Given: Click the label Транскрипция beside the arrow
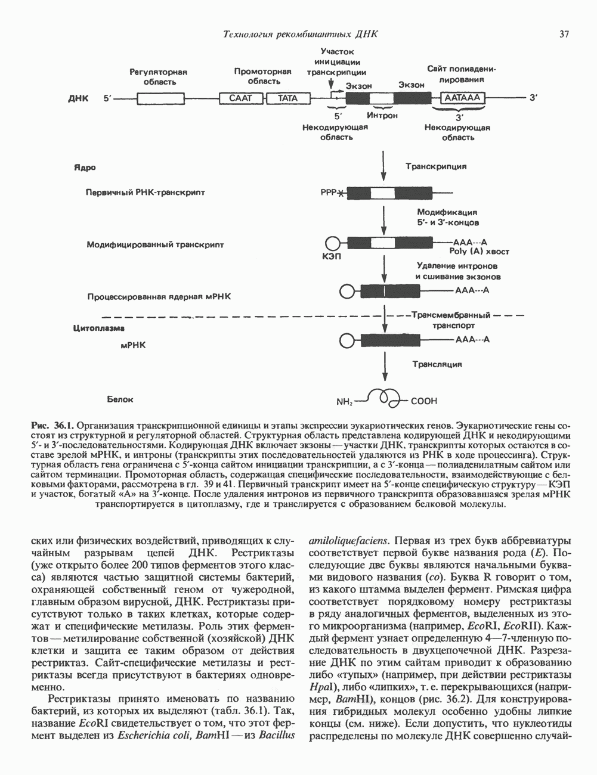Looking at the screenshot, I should click(x=436, y=166).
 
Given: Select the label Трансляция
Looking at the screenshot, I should click(x=437, y=363).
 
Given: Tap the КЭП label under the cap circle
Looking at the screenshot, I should click(x=330, y=257).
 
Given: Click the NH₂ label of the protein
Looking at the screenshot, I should click(x=345, y=401).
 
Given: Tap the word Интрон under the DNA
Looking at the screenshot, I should click(x=382, y=115).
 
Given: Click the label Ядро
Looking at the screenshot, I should click(x=85, y=168).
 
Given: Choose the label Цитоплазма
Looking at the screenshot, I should click(x=98, y=327).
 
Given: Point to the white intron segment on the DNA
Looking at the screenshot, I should click(x=381, y=98).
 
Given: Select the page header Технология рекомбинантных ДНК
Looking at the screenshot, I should click(x=299, y=34).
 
